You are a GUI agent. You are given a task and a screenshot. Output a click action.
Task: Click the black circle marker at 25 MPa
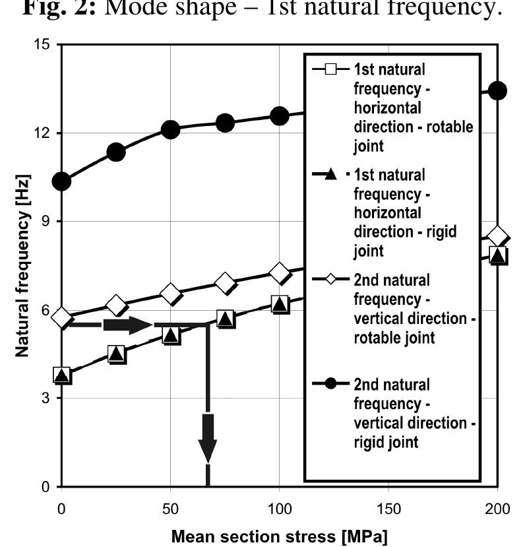point(116,152)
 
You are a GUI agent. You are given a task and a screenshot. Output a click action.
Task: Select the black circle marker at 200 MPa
point(497,91)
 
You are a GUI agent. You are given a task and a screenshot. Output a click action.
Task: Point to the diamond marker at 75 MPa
point(225,283)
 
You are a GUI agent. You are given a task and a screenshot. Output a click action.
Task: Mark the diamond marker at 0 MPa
point(62,318)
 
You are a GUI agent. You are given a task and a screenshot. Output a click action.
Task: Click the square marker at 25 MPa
point(116,354)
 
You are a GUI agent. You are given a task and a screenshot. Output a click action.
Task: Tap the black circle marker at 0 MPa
point(62,181)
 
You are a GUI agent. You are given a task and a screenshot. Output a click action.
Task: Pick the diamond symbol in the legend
point(332,279)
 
